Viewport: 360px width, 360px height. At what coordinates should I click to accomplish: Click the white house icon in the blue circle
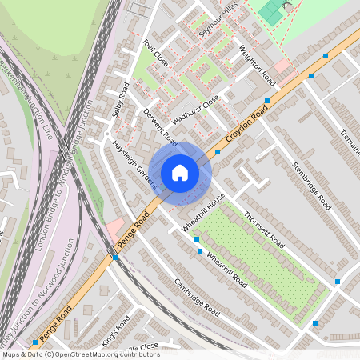click(x=180, y=172)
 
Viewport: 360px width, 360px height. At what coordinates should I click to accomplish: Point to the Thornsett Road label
click(x=263, y=229)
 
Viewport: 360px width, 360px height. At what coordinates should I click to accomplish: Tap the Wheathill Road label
click(x=228, y=268)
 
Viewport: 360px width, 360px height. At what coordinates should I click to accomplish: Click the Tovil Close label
click(x=155, y=54)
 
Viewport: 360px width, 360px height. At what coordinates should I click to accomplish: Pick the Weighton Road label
click(x=258, y=65)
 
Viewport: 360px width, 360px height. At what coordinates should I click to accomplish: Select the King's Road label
click(x=116, y=330)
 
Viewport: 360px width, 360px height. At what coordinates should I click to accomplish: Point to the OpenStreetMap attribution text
click(x=80, y=354)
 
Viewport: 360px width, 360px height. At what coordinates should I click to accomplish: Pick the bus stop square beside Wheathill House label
click(x=196, y=238)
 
